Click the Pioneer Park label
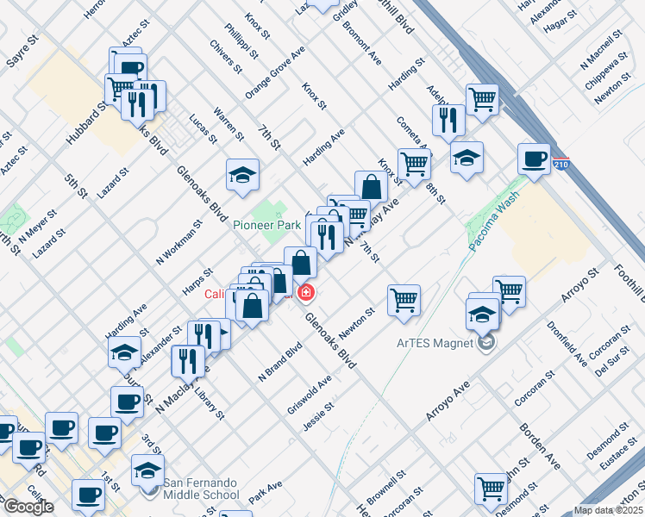266,225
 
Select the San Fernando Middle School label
202,488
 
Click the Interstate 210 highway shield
561,164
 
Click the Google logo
28,507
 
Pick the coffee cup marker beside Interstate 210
535,159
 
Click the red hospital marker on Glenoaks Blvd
305,294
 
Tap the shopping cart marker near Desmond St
491,488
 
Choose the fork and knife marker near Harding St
447,120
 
